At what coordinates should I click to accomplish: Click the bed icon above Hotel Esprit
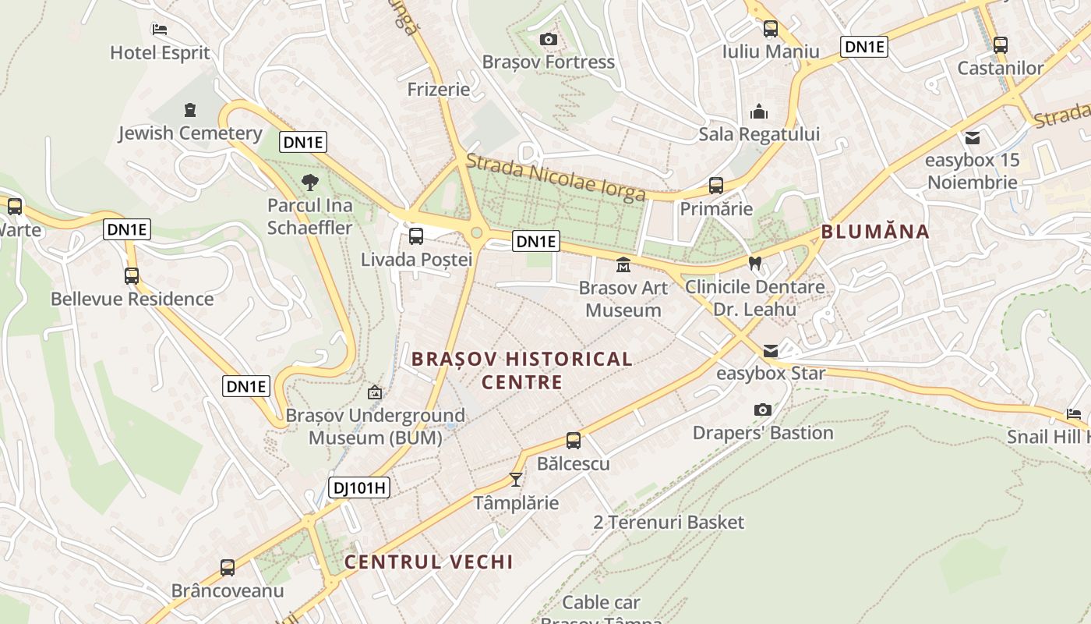160,30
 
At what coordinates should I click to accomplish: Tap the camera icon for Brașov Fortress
548,39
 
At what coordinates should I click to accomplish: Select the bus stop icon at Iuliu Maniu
771,29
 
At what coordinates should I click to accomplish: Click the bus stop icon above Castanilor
1001,45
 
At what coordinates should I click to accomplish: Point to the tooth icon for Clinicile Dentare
754,264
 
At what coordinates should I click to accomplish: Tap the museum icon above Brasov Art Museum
623,265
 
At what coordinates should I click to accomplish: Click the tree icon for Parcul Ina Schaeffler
310,183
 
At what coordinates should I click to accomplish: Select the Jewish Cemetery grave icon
190,110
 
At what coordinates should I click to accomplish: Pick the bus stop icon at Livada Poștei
416,236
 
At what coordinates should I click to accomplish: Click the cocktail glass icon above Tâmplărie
515,479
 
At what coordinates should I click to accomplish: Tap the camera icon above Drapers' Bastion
763,409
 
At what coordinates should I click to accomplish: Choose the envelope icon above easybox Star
771,350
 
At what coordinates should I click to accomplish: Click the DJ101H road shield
358,487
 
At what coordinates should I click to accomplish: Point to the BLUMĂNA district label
875,231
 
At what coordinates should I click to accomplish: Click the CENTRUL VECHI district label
429,562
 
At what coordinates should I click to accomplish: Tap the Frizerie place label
439,89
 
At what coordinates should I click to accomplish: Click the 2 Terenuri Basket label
669,522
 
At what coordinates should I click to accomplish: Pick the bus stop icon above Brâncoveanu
228,567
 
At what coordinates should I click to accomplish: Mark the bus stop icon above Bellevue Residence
132,275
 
